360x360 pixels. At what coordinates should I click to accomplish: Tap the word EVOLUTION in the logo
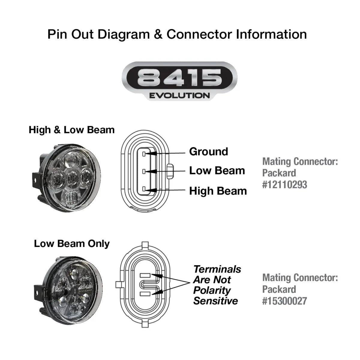coord(179,96)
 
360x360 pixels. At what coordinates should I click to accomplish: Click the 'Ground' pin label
coord(208,151)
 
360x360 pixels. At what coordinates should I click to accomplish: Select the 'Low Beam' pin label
coord(217,171)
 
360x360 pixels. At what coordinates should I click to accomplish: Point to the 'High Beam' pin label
coord(218,191)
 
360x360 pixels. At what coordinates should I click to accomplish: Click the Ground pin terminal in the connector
coord(144,154)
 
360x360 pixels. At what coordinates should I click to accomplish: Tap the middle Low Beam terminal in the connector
coord(144,171)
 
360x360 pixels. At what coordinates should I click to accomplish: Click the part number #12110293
coord(285,184)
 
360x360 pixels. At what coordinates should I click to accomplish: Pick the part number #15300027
coord(285,301)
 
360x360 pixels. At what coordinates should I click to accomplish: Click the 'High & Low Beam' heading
coord(72,130)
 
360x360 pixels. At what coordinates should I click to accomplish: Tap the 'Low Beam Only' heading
coord(72,243)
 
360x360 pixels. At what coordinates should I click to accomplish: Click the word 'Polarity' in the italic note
coord(212,290)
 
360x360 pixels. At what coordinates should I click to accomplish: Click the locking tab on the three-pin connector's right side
coord(170,171)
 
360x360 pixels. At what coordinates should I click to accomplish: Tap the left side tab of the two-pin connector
coord(118,284)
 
